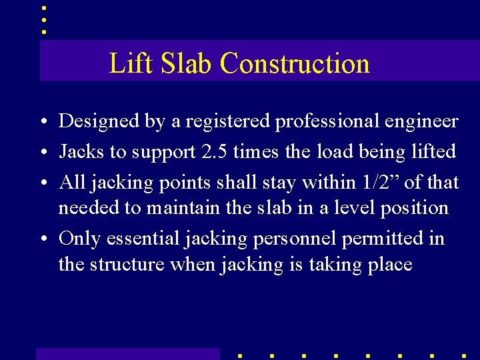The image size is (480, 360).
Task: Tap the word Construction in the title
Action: pyautogui.click(x=295, y=63)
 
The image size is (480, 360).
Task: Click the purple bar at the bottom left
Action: pyautogui.click(x=127, y=353)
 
